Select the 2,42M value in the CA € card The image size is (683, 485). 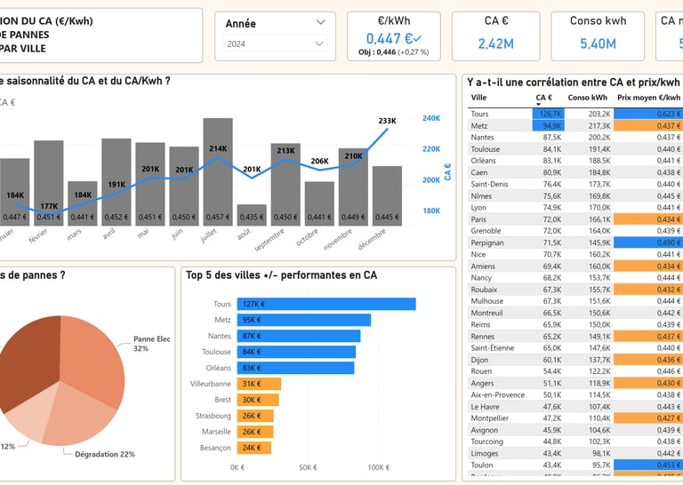[x=494, y=44]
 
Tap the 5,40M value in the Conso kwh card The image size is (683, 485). [x=597, y=44]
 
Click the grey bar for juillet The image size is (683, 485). [x=218, y=169]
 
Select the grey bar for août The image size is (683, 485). [x=252, y=215]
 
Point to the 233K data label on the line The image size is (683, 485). [x=388, y=121]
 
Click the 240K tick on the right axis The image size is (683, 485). [x=431, y=118]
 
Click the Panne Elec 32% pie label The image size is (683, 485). [x=154, y=344]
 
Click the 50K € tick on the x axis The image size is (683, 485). [x=307, y=467]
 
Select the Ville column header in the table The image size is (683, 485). [x=478, y=98]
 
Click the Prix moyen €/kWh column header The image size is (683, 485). [x=648, y=98]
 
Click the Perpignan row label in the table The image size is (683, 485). [x=488, y=242]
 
